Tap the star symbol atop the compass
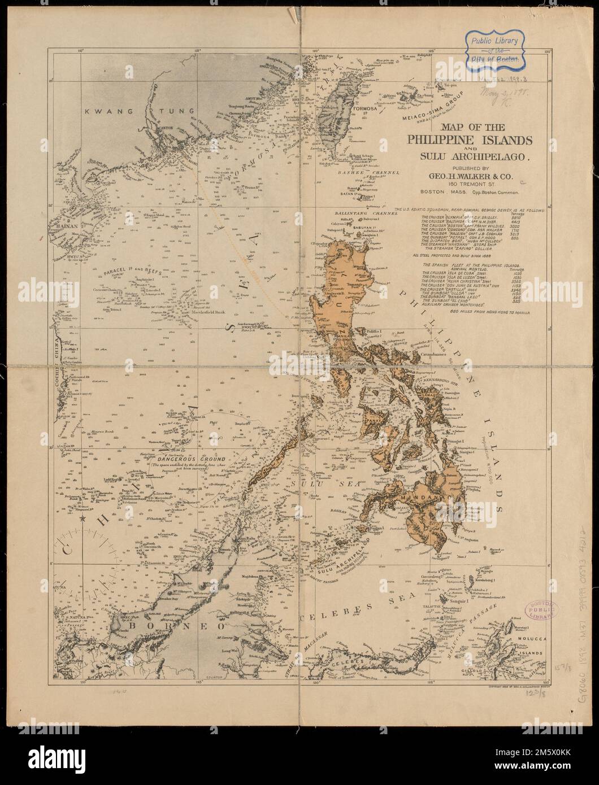coord(84,517)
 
